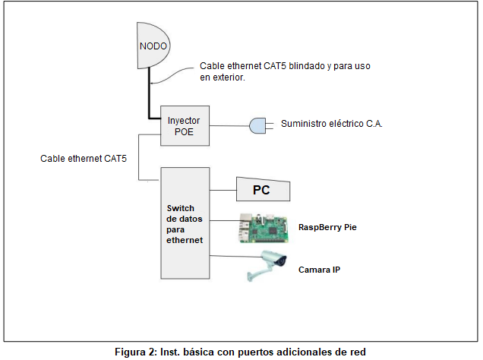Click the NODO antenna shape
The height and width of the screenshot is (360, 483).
click(153, 46)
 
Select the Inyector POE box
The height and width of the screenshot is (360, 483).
click(185, 125)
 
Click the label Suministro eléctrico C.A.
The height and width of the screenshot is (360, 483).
click(331, 124)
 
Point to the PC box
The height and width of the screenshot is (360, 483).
click(263, 189)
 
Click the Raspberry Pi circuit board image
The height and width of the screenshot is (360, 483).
click(264, 228)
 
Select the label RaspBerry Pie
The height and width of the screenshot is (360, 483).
click(327, 227)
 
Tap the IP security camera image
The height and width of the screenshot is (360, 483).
click(267, 266)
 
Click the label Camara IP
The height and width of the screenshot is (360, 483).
click(319, 270)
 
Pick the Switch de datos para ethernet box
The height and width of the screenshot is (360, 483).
click(185, 223)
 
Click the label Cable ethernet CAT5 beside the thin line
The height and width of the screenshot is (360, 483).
click(84, 159)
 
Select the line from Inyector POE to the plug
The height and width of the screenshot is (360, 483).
click(229, 125)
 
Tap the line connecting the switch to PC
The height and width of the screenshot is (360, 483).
click(223, 190)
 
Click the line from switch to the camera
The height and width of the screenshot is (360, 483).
click(236, 256)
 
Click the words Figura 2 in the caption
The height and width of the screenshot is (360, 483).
click(134, 352)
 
